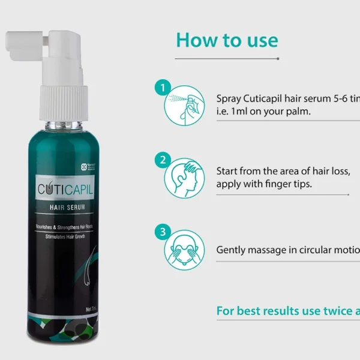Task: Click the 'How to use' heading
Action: tap(227, 40)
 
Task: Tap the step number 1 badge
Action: tap(161, 88)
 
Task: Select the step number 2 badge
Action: tap(161, 160)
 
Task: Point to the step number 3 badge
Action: tap(161, 231)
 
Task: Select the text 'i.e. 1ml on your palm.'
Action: tap(263, 112)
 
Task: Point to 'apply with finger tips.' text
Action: tap(264, 184)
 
